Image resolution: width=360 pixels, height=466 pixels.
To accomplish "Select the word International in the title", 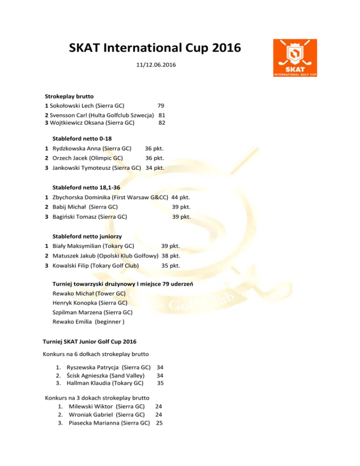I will coord(156,48).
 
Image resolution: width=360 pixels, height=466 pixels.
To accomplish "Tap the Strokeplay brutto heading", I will coord(69,96).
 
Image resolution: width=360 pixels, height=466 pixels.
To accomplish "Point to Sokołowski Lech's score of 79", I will coord(161,106).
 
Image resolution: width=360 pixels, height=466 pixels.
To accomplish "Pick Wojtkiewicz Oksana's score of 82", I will coord(162,123).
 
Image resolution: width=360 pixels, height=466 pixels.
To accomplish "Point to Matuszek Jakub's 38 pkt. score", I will coord(171,256).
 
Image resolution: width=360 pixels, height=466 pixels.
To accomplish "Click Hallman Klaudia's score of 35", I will coord(160,383).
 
